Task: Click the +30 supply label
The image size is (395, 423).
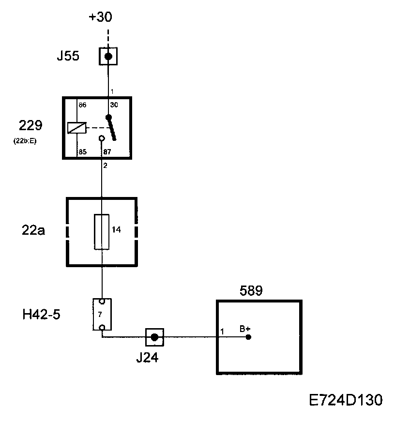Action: tap(100, 18)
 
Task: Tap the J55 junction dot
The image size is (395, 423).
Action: tap(108, 57)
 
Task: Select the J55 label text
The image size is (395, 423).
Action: tap(68, 57)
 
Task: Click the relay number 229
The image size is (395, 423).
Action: tap(30, 126)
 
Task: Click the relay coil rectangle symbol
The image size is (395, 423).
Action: tap(77, 128)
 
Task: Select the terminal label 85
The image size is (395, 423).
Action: tap(82, 152)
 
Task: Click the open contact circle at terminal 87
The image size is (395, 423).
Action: tap(102, 138)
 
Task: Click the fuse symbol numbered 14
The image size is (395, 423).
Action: tap(102, 231)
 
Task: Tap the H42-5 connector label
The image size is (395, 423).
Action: tap(41, 314)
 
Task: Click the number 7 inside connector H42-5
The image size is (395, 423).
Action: tap(99, 315)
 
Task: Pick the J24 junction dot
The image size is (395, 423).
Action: tap(154, 337)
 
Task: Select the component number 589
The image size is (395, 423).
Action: tap(251, 291)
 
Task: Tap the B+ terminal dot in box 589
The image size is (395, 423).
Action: tap(248, 337)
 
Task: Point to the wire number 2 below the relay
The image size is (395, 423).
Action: tap(105, 166)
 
